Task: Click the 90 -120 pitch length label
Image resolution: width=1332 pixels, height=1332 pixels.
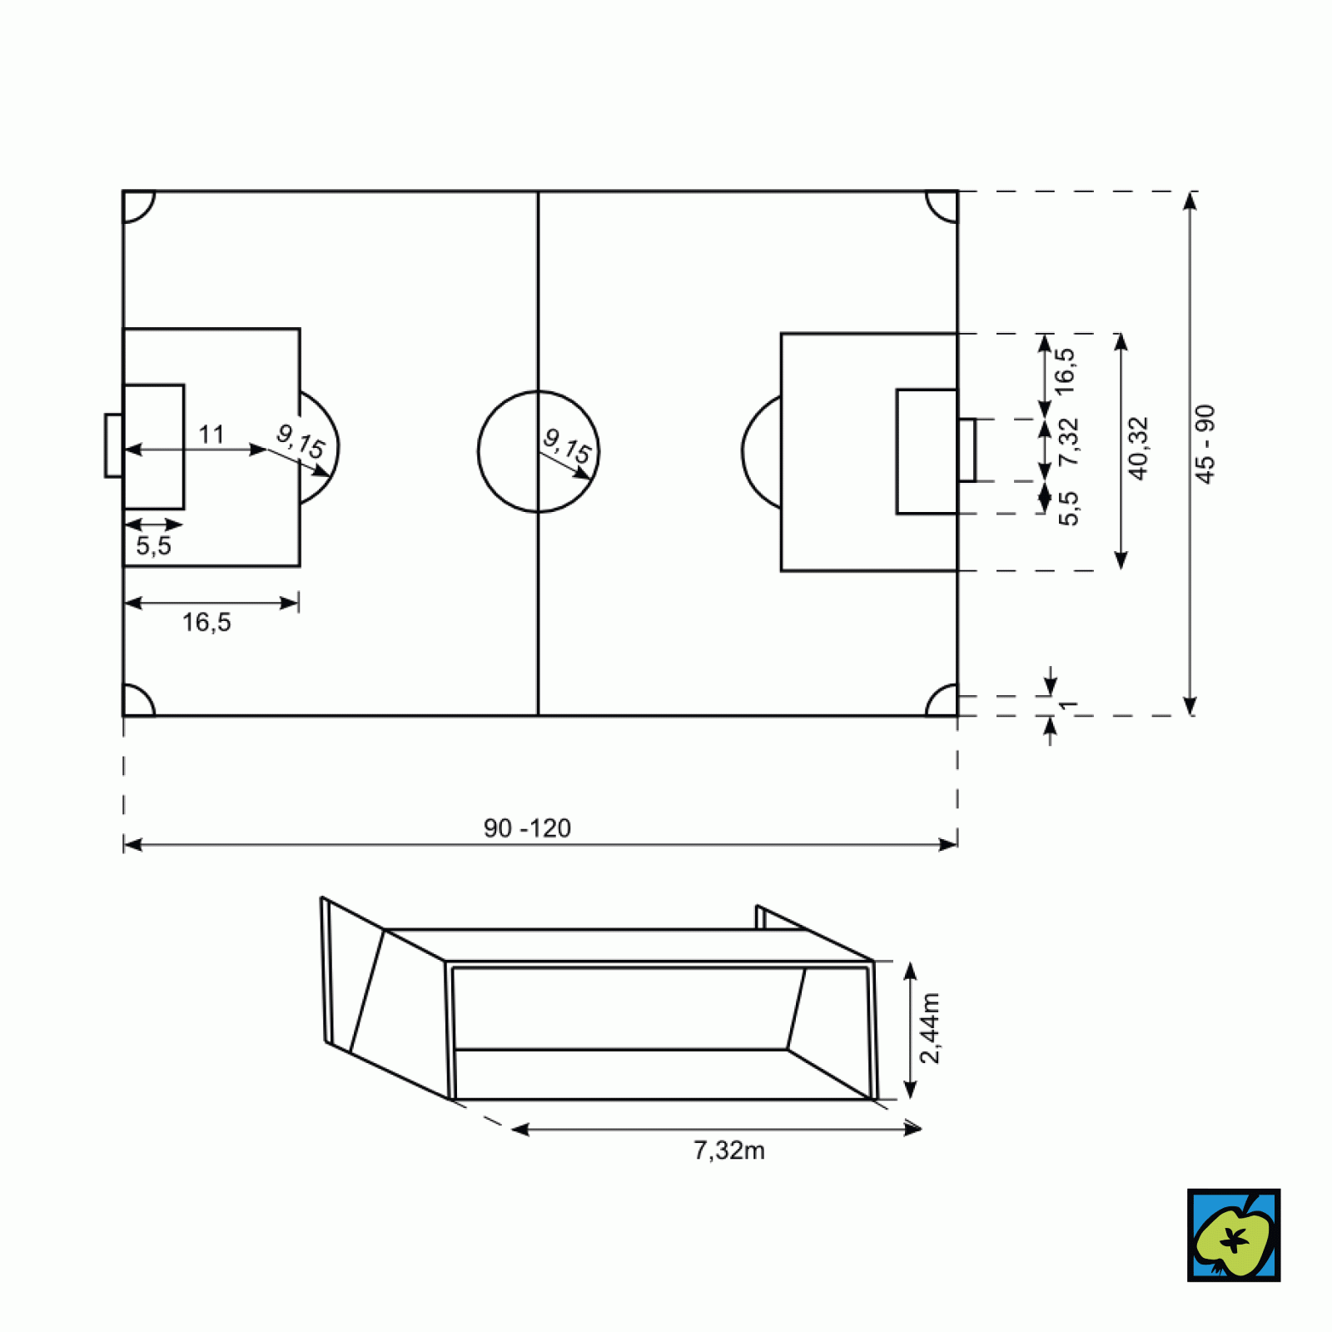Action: [527, 828]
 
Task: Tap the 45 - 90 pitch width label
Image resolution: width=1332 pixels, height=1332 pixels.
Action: [1205, 444]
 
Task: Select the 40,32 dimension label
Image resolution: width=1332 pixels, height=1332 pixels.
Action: [1138, 449]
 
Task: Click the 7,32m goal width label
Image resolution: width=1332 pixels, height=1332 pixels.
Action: [729, 1151]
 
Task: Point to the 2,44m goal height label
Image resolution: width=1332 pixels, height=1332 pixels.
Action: [930, 1028]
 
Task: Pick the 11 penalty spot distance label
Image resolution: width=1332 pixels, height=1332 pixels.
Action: [211, 434]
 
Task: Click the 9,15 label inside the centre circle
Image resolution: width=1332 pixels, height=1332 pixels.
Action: [567, 447]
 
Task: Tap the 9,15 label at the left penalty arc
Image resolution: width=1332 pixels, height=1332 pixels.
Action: [300, 441]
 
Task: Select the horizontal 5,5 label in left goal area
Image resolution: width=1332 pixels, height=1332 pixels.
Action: [153, 546]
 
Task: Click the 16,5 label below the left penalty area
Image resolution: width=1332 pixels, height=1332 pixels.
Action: [206, 622]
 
